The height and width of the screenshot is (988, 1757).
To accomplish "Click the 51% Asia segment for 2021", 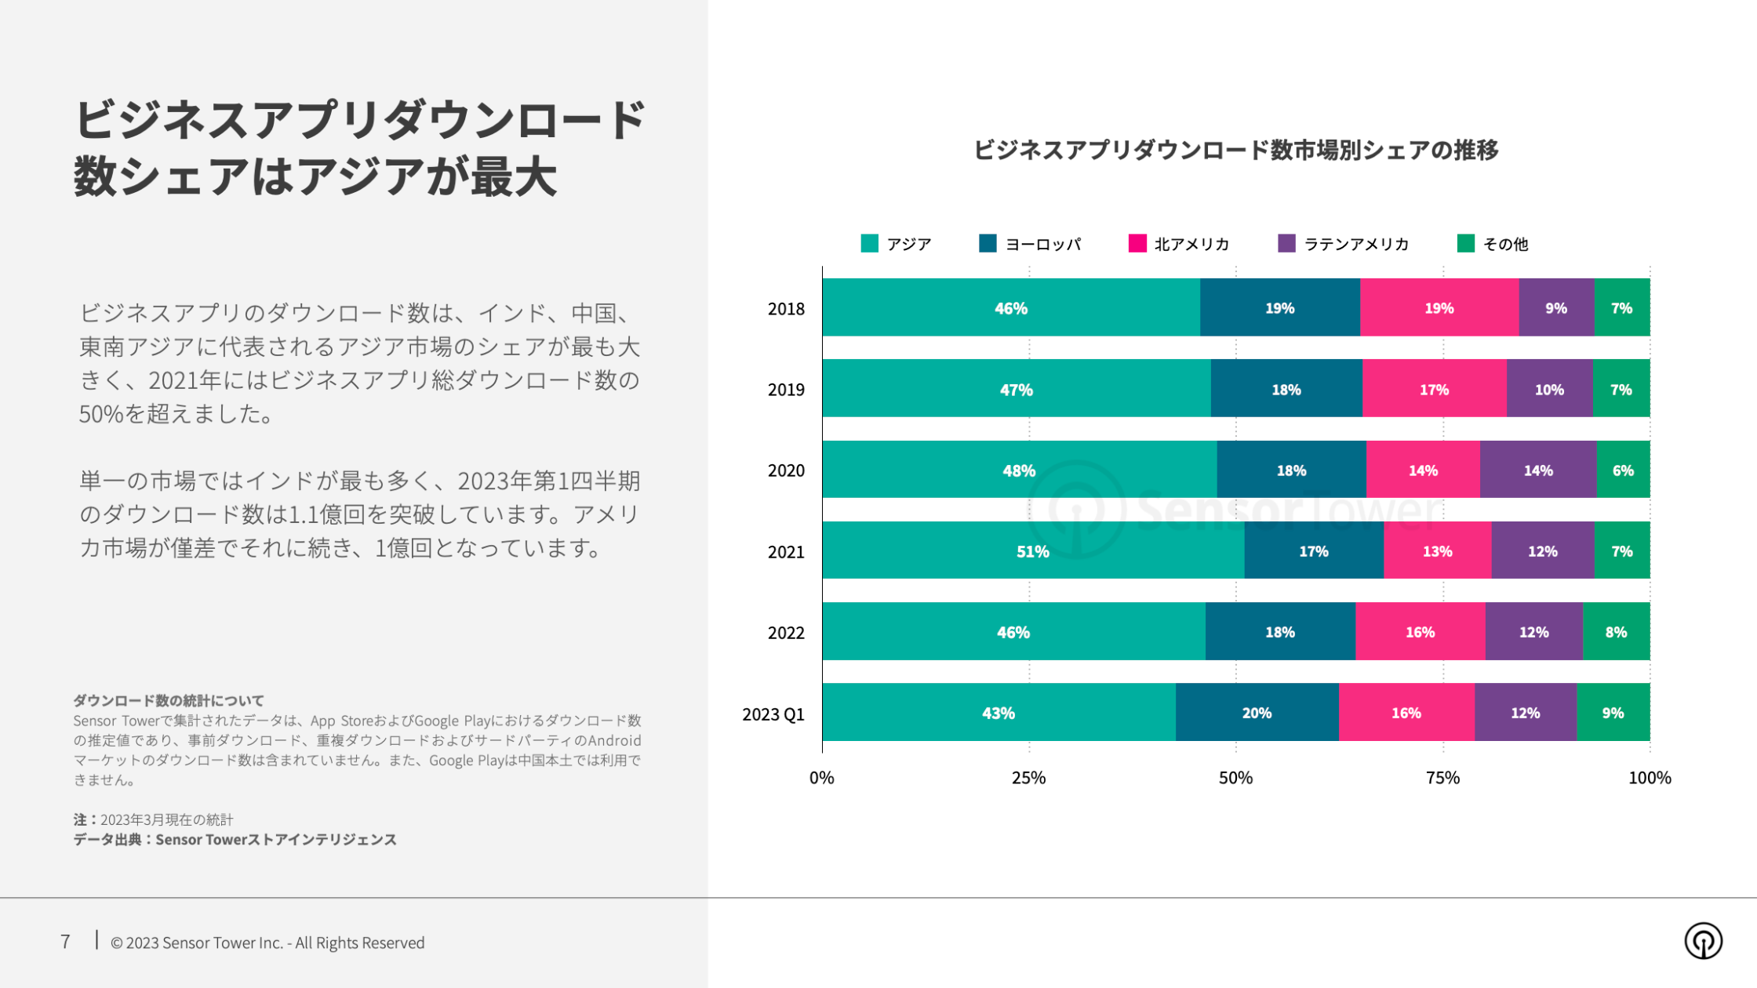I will pos(1032,550).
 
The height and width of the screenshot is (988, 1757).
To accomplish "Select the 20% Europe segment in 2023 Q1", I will pos(1257,712).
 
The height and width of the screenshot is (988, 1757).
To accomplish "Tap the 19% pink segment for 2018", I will pos(1439,307).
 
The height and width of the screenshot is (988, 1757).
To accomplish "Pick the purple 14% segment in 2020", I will pos(1537,470).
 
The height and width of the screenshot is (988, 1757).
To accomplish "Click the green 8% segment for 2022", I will pos(1616,631).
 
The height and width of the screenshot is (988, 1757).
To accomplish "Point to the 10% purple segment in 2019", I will pos(1549,389).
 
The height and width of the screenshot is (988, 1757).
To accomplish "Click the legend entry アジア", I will pos(897,244).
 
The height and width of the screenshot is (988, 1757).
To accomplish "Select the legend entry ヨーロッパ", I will pos(1030,244).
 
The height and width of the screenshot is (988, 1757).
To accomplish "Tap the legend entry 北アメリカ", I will pos(1179,244).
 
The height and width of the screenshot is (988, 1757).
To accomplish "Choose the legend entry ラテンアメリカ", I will pos(1344,244).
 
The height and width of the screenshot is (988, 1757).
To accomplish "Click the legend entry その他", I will pos(1493,244).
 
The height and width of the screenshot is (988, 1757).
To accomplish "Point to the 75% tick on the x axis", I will pos(1442,777).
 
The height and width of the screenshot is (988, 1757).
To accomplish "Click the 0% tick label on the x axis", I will pos(821,777).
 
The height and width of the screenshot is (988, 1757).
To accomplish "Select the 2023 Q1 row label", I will pos(773,714).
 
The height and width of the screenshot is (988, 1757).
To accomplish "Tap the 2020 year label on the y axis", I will pos(785,470).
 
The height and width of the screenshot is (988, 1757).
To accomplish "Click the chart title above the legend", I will pos(1235,149).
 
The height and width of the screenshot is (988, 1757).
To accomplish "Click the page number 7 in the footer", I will pos(65,941).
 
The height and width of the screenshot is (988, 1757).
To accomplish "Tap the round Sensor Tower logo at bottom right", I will pos(1703,940).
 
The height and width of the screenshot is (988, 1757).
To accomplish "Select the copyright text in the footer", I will pos(267,943).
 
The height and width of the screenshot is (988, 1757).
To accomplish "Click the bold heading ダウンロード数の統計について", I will pos(169,699).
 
